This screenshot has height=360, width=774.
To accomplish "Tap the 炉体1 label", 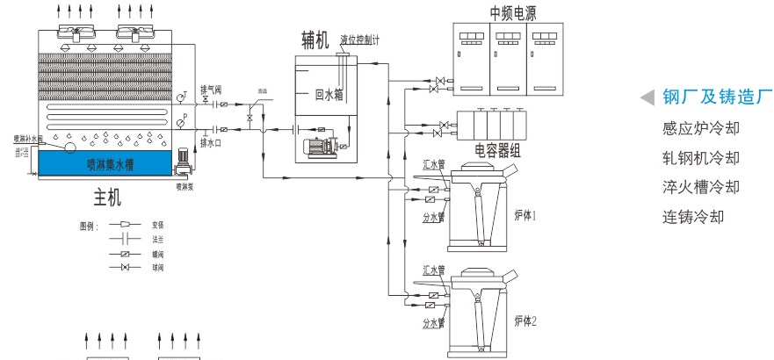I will (x=524, y=216).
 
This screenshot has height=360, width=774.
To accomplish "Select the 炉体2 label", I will (x=524, y=321).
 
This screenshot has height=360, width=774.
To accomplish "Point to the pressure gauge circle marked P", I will (x=181, y=124).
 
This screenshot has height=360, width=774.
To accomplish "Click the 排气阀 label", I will (x=212, y=89).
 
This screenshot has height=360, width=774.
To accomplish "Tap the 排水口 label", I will (x=212, y=142).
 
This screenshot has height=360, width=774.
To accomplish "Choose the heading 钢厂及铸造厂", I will (x=717, y=97).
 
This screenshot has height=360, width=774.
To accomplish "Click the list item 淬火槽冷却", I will (x=700, y=187).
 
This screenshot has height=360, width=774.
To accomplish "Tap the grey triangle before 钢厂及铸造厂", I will (x=647, y=97).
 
